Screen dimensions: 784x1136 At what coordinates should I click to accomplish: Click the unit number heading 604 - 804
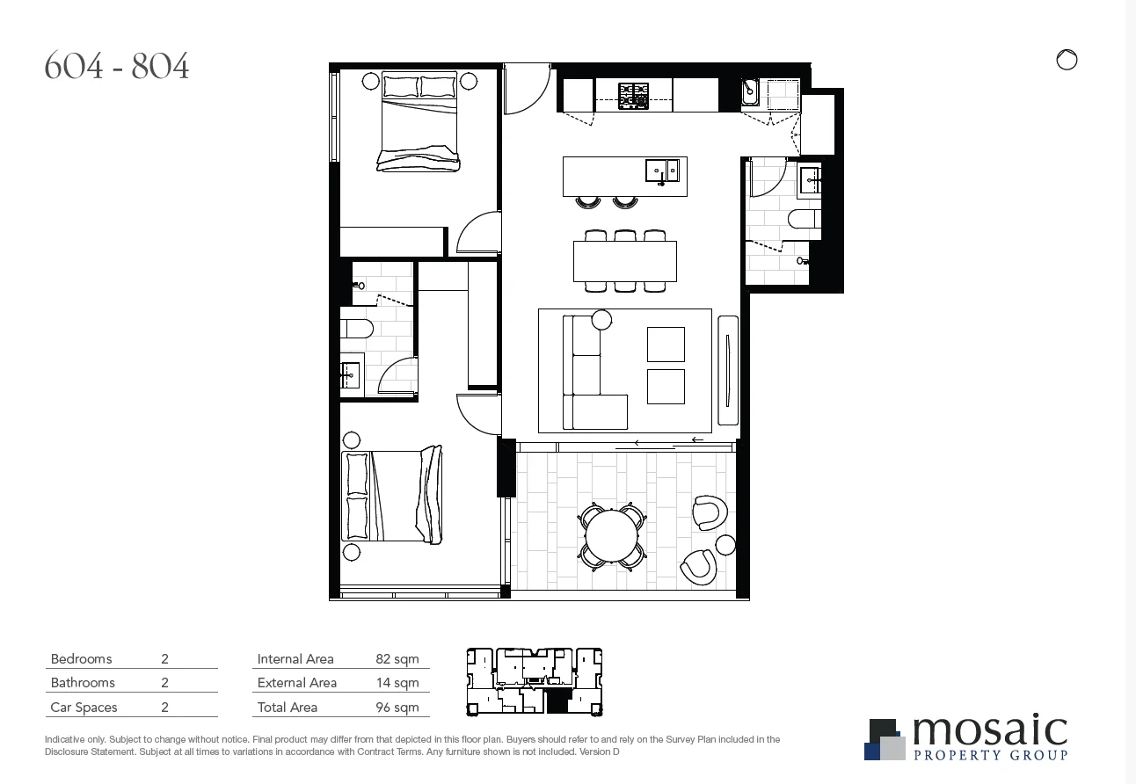point(117,67)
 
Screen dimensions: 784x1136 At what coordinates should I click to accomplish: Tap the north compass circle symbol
point(1066,60)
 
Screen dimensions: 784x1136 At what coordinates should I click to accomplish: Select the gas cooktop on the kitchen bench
point(633,95)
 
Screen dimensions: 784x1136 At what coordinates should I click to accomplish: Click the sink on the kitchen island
point(662,171)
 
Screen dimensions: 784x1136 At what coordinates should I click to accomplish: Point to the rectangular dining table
point(624,261)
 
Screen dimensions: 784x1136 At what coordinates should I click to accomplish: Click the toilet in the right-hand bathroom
point(804,219)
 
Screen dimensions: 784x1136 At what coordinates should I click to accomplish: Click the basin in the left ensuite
point(350,375)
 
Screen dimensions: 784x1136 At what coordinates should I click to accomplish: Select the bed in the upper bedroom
point(419,123)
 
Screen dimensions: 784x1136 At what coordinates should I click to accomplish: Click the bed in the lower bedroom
point(391,496)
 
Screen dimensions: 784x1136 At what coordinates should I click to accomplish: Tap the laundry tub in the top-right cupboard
point(753,91)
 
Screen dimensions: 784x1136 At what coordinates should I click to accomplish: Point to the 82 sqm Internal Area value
point(397,659)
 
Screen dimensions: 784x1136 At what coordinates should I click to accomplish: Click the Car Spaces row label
point(84,708)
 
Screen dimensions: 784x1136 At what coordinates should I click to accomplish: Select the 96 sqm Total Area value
point(397,708)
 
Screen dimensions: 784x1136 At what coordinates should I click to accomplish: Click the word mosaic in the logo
point(989,731)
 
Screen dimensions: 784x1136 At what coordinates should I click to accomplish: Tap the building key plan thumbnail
point(534,681)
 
